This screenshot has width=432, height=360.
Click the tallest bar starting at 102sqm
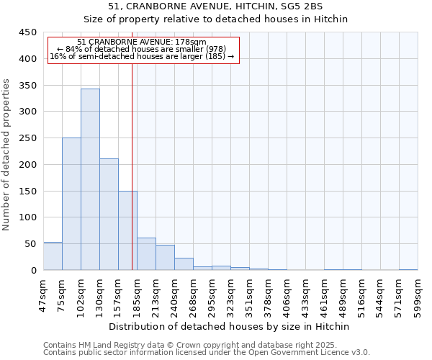click(90, 179)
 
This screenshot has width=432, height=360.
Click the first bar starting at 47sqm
click(53, 256)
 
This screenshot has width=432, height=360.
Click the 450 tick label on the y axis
click(27, 32)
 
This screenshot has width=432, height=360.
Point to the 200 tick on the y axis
click(27, 165)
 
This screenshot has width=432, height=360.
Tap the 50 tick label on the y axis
click(30, 244)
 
